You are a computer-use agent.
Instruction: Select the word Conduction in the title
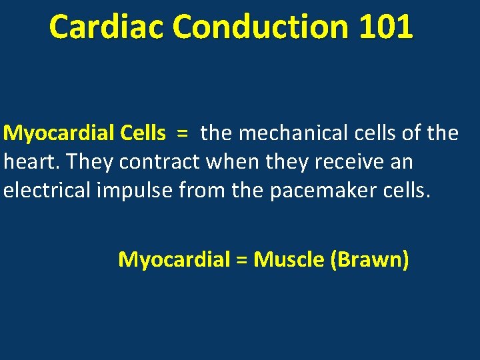pos(261,28)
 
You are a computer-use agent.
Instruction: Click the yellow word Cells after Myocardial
pos(143,133)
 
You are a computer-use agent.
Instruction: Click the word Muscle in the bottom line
pos(289,259)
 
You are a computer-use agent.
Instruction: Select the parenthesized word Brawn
pos(370,259)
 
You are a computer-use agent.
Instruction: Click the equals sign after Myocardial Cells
pos(182,133)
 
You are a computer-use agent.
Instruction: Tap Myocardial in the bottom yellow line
pos(174,259)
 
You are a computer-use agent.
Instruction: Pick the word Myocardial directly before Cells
pos(59,133)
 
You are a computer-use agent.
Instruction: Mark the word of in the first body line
pos(414,133)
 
